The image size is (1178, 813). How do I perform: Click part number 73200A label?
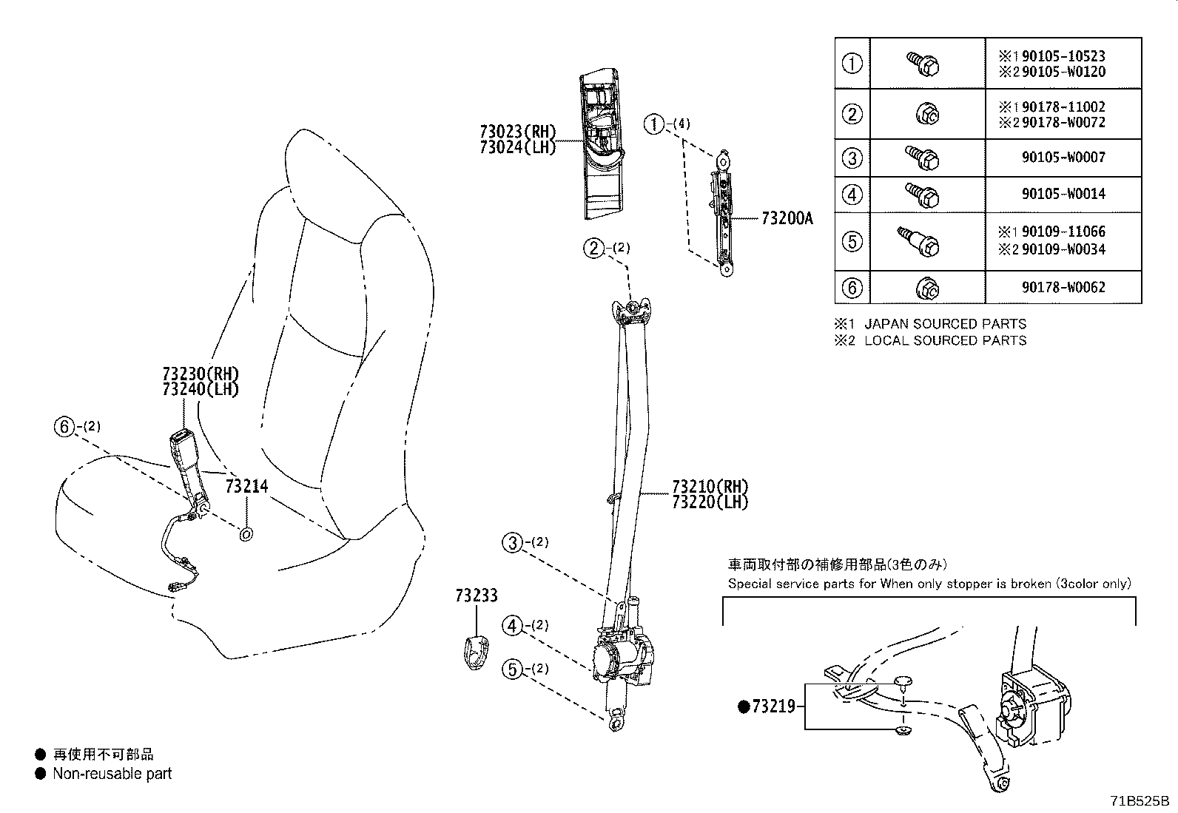787,218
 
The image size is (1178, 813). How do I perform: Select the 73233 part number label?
477,596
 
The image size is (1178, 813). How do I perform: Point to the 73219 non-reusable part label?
773,706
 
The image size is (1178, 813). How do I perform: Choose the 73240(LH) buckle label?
201,389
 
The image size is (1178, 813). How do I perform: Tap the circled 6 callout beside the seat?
64,426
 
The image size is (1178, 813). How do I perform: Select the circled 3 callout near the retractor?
512,543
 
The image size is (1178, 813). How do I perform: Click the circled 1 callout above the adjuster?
654,124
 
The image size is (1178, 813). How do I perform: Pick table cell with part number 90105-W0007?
1063,158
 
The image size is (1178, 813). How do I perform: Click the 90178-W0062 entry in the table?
1063,287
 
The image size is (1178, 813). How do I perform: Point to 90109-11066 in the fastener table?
1063,232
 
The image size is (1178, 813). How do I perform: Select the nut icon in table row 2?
928,114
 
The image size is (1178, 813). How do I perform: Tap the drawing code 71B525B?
1138,800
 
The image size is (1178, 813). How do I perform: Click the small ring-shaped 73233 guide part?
474,652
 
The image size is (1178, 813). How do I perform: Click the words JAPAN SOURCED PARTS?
945,324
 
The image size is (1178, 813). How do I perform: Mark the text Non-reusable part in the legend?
112,774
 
